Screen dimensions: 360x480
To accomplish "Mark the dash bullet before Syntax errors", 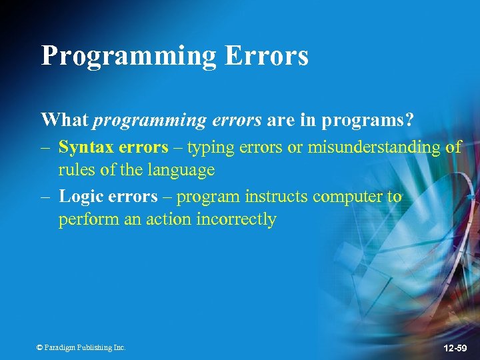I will click(x=45, y=147).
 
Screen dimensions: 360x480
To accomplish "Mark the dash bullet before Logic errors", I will click(x=45, y=197).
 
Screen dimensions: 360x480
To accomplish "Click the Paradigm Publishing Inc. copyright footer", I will click(x=81, y=347).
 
